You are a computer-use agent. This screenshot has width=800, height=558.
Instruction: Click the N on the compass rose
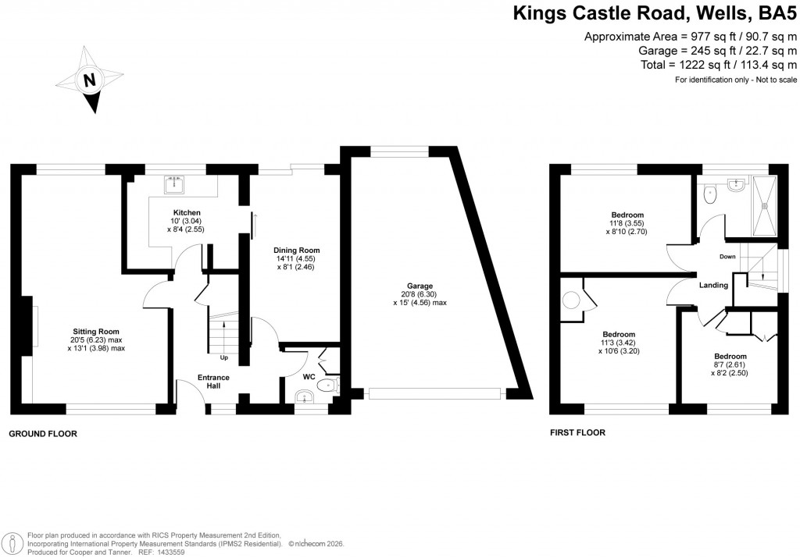(90, 80)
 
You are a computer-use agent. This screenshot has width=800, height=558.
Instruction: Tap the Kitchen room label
(187, 212)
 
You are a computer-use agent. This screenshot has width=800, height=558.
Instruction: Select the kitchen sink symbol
(173, 186)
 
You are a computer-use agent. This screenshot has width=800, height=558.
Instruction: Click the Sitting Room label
(96, 331)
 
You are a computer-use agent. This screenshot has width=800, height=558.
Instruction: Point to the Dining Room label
(297, 250)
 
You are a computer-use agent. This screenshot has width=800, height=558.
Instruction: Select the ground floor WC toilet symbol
(326, 385)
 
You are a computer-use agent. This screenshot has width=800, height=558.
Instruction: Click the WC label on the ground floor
(308, 376)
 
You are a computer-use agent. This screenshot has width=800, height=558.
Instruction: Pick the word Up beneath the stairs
(224, 358)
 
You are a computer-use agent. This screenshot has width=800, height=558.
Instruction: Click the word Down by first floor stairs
(727, 256)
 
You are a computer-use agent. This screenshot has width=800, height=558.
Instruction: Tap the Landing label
(714, 286)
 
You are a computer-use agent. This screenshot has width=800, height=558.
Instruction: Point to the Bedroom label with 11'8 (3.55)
(627, 215)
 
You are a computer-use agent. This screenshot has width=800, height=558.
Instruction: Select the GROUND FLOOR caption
(43, 433)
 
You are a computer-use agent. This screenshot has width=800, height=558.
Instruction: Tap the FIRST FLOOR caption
(578, 432)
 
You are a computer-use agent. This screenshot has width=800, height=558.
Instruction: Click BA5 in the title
(773, 13)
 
